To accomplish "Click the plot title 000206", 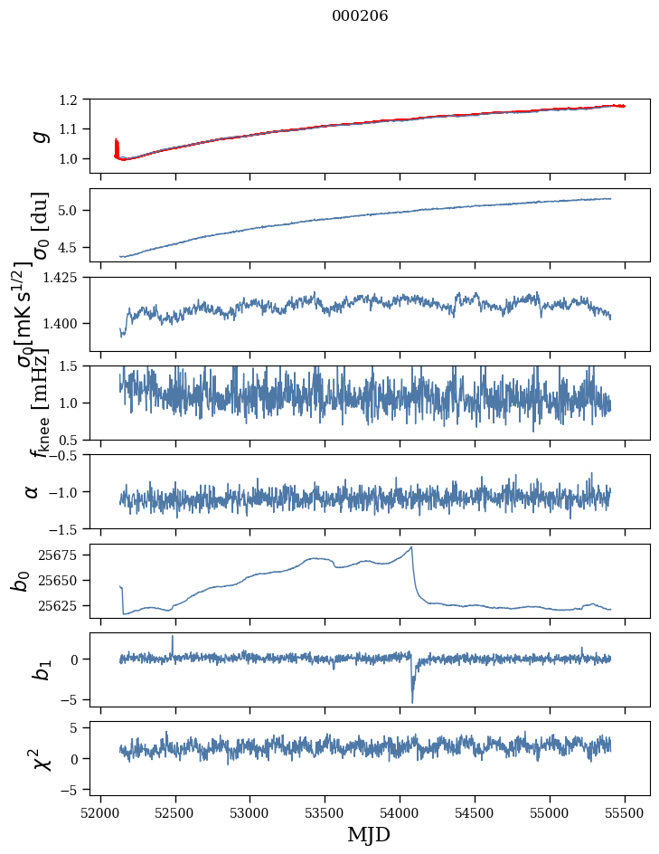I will pyautogui.click(x=360, y=16).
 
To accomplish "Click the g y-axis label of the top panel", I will pyautogui.click(x=38, y=136).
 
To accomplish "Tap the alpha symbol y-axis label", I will pyautogui.click(x=33, y=491).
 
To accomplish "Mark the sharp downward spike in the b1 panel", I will pyautogui.click(x=412, y=700).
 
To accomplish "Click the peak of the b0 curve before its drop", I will pyautogui.click(x=411, y=547).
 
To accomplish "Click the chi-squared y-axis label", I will pyautogui.click(x=41, y=758).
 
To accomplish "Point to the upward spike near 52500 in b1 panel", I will pyautogui.click(x=173, y=637).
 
